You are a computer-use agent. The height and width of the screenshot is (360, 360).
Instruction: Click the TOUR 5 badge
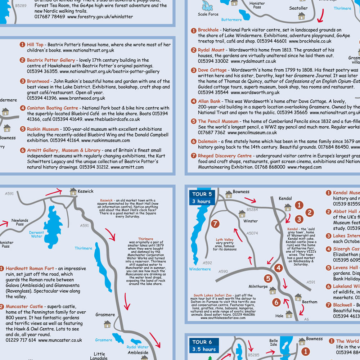[202, 194]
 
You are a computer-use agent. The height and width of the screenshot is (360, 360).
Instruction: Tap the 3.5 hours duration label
[204, 349]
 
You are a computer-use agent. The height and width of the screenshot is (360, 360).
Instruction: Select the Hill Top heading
[35, 45]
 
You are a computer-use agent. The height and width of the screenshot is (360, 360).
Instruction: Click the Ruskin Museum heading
[42, 129]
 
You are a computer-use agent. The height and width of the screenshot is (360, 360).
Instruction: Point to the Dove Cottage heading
[212, 70]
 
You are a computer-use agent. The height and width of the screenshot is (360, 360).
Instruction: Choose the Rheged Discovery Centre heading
[225, 156]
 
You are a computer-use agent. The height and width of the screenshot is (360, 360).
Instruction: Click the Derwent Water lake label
[36, 234]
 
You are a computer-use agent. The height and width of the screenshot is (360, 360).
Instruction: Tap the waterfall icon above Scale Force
[208, 5]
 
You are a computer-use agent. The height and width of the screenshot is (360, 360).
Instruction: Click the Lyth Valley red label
[225, 239]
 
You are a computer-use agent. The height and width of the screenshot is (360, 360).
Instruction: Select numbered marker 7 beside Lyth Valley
[215, 224]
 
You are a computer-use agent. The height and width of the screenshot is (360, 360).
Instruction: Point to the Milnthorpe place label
[258, 286]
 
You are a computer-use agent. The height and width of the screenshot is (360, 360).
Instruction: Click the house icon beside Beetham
[298, 297]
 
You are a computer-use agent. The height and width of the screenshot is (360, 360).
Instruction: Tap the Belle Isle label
[274, 343]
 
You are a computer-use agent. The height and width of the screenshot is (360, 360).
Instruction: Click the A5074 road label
[252, 233]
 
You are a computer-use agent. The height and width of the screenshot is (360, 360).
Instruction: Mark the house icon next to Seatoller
[301, 16]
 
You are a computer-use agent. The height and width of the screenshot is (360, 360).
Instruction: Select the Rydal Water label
[138, 347]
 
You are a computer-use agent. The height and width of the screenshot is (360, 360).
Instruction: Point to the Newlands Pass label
[19, 222]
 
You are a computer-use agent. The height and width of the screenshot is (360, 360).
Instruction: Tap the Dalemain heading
[207, 141]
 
